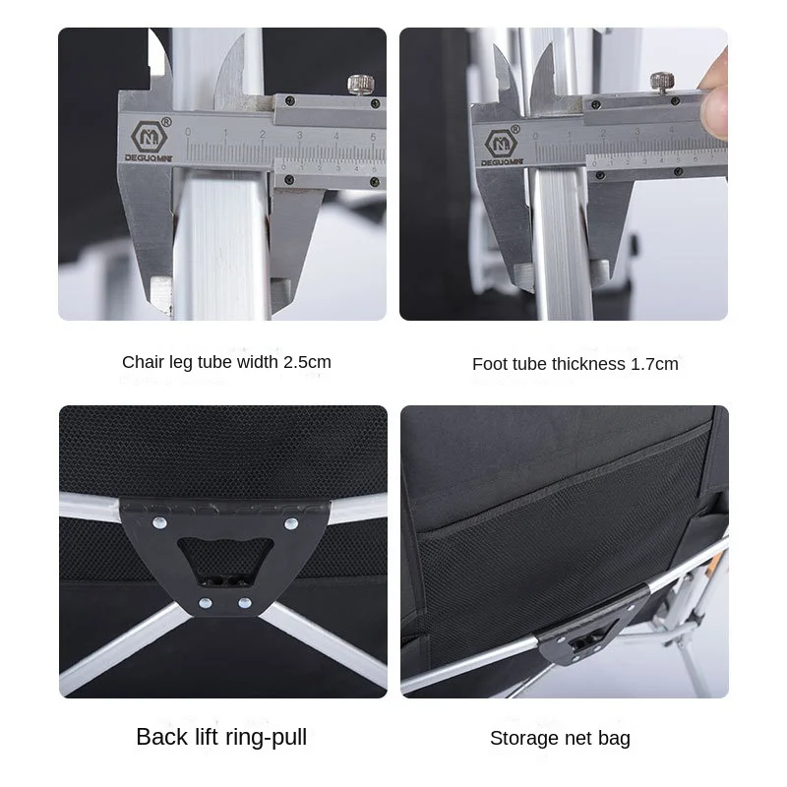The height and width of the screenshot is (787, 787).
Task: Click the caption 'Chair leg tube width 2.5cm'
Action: [x=226, y=362]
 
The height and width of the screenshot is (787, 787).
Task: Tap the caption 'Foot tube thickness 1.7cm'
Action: [x=575, y=364]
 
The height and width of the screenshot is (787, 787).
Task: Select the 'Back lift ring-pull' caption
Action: [x=221, y=737]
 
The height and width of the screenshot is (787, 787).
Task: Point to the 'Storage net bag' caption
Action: [x=560, y=739]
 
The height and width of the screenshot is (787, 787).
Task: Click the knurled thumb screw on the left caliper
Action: [x=361, y=84]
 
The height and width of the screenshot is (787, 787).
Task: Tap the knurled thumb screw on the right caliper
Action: [x=662, y=82]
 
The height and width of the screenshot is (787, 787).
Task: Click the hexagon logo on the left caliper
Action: [x=150, y=137]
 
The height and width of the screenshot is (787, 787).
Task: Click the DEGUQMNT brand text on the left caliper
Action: [x=149, y=158]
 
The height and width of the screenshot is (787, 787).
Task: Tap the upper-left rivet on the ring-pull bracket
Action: [x=159, y=523]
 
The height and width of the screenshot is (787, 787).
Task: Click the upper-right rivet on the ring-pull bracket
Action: [x=291, y=524]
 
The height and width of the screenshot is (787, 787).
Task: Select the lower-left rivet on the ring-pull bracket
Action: [x=205, y=603]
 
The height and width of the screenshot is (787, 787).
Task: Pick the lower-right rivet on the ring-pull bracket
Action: [x=245, y=603]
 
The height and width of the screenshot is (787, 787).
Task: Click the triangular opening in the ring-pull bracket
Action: [x=226, y=557]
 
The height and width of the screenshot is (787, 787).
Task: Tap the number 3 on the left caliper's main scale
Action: [x=299, y=136]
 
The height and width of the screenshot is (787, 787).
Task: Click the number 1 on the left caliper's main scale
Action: [x=225, y=134]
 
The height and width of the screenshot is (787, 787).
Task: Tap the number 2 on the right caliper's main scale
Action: [x=603, y=134]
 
